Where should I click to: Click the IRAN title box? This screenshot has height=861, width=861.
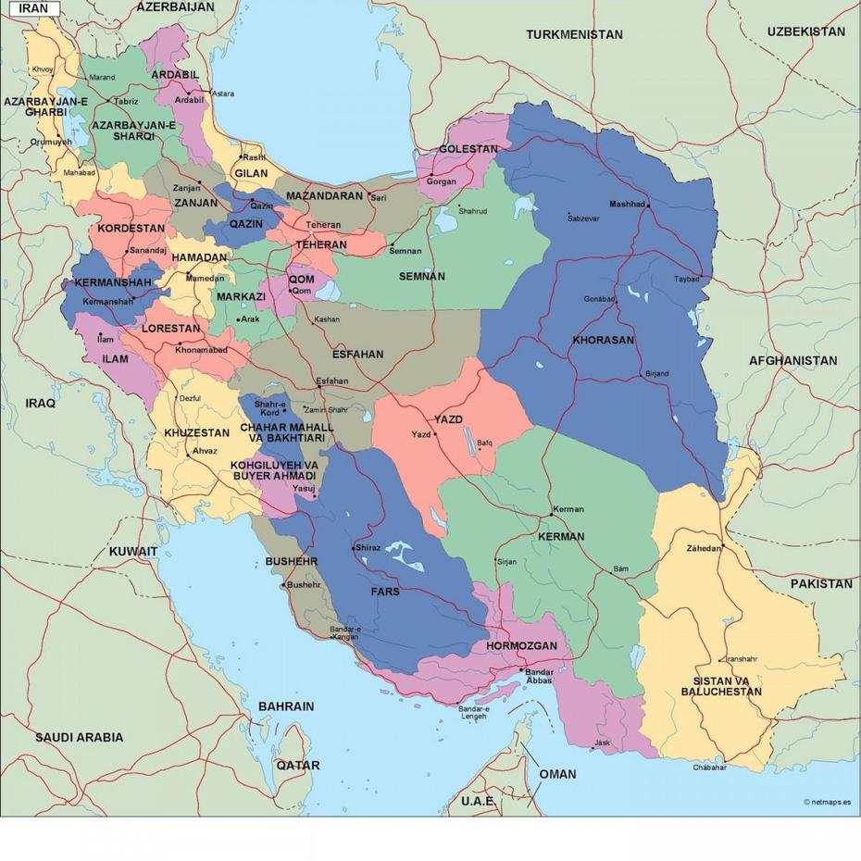point(34,8)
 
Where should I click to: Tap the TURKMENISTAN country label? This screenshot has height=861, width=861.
point(574,34)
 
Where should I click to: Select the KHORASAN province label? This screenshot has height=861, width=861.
point(603,340)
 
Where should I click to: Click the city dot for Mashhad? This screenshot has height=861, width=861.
point(648,205)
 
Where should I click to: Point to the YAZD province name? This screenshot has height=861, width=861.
point(448,419)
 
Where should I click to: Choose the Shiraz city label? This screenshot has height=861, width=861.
point(368,547)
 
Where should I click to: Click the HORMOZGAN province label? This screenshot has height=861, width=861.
point(521,645)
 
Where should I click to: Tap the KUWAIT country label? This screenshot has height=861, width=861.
point(133,551)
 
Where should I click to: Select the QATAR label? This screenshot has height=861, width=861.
point(297,765)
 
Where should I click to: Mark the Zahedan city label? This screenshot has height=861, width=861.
point(703,548)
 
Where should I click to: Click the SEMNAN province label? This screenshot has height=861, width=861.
point(421,276)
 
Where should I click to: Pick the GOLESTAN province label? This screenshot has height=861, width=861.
point(468,149)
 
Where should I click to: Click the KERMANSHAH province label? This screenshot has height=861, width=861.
point(112,281)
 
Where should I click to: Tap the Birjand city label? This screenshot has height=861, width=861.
point(656,373)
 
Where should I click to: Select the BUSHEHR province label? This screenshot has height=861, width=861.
point(292,561)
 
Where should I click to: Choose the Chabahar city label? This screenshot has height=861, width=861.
point(709,767)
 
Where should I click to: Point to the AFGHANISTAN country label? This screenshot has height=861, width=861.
point(792,360)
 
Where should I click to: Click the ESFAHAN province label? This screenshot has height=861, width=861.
point(357,354)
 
